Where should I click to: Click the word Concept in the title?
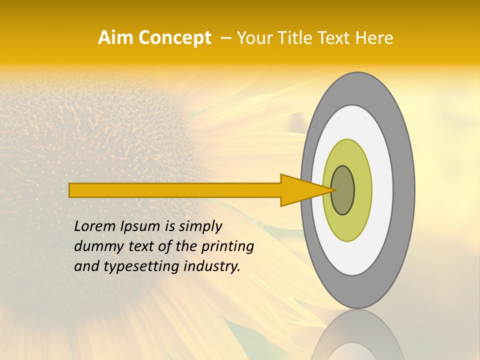tap(174, 37)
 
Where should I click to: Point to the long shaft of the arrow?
tap(175, 190)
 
